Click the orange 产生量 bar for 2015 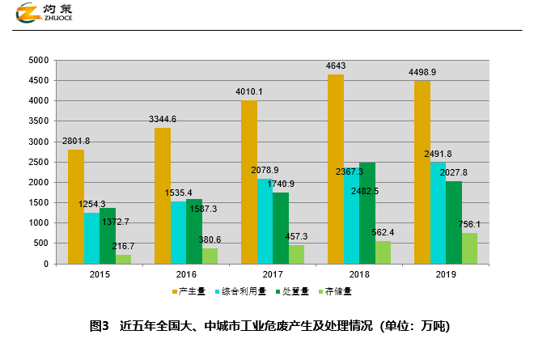click(76, 206)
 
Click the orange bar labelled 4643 click(336, 169)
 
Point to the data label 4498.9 click(422, 72)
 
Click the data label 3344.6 click(163, 120)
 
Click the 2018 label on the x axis click(359, 275)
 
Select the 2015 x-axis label click(100, 275)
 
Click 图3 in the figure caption click(100, 326)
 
